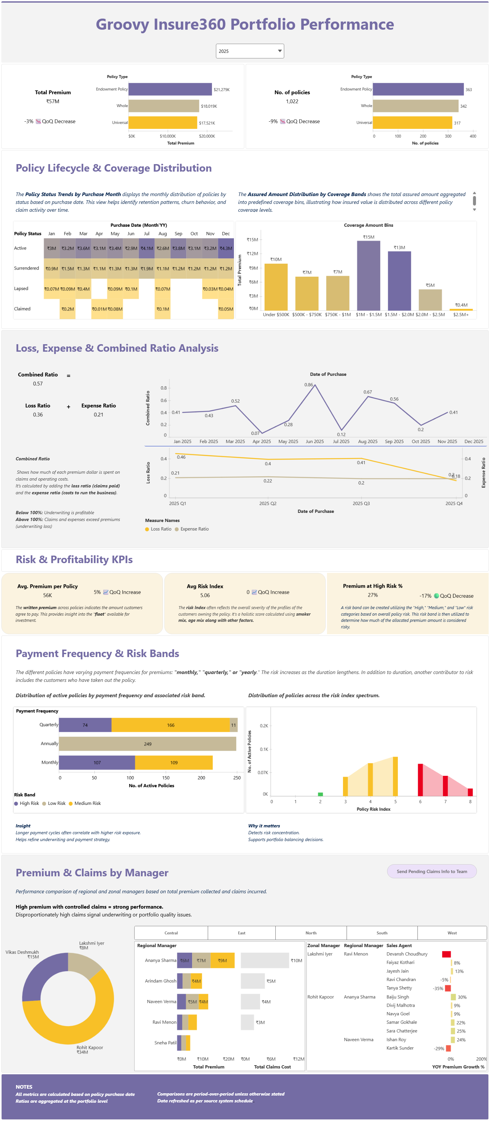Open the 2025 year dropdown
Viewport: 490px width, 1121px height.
click(x=250, y=51)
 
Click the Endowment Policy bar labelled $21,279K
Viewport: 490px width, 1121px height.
click(x=170, y=89)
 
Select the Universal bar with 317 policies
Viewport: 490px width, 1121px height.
click(x=412, y=123)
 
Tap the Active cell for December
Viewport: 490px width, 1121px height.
click(x=226, y=248)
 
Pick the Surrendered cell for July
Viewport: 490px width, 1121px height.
click(x=147, y=269)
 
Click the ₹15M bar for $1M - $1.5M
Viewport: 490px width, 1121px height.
click(x=368, y=275)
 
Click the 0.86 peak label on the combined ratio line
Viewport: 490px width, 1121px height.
click(x=308, y=385)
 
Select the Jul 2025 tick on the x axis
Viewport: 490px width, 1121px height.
click(x=341, y=441)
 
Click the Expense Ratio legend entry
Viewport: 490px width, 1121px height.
click(x=192, y=529)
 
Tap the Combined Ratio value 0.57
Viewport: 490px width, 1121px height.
click(x=38, y=384)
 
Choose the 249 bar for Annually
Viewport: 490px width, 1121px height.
click(x=148, y=744)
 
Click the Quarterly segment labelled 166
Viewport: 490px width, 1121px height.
click(x=170, y=725)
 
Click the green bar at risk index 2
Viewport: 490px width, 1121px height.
click(x=320, y=794)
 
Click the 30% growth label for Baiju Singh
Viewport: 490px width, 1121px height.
click(x=462, y=997)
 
